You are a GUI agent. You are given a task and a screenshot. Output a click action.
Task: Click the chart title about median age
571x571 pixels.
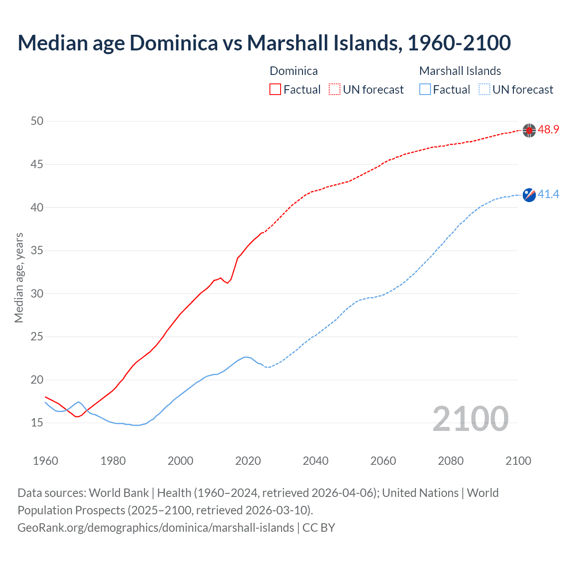click(264, 43)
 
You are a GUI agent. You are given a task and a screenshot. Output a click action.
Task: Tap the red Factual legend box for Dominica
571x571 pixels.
click(275, 90)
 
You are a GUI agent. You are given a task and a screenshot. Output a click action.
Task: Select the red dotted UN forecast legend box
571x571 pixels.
click(335, 90)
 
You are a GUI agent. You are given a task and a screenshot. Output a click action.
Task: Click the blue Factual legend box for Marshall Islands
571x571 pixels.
click(425, 90)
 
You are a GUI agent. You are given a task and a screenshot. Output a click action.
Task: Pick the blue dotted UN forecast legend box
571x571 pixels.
click(484, 90)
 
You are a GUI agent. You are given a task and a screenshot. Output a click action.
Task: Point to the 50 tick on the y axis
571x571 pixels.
click(37, 121)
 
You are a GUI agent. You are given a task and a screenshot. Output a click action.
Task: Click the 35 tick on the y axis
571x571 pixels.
click(37, 251)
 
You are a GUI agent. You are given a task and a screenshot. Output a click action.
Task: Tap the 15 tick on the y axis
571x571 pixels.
click(37, 423)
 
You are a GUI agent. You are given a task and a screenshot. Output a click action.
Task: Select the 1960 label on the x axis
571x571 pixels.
click(46, 461)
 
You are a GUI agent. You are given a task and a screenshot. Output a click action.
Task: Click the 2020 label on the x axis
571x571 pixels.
click(248, 461)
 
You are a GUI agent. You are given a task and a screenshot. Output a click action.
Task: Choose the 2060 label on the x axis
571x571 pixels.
click(383, 461)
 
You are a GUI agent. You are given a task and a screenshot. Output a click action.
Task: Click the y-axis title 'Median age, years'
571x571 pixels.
click(19, 277)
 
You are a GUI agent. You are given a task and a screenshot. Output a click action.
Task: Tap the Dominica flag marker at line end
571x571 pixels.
click(529, 130)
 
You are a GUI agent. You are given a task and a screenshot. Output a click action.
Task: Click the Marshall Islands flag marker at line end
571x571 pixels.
click(529, 195)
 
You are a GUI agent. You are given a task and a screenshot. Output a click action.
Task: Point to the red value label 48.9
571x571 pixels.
click(548, 130)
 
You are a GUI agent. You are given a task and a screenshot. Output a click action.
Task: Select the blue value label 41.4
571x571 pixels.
click(548, 194)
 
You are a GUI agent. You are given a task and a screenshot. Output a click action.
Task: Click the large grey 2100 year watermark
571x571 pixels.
click(470, 419)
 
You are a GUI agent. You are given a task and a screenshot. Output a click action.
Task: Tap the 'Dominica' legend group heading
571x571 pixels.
click(294, 71)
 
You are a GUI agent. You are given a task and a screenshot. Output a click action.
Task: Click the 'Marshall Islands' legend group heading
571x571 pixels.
click(460, 71)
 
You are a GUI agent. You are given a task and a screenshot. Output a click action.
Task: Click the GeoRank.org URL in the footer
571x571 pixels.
click(156, 528)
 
